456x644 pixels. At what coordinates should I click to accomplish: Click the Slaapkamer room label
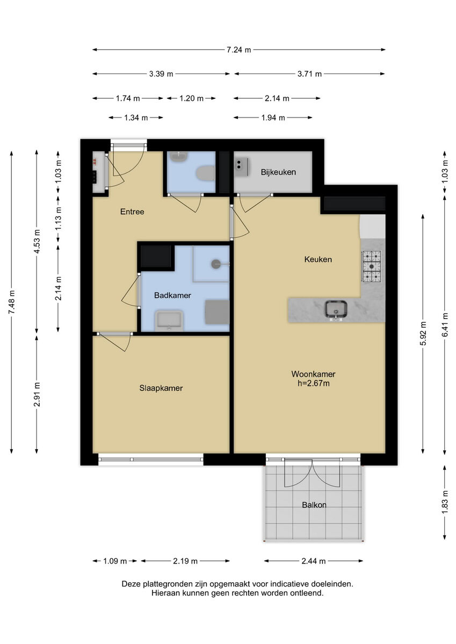(x=161, y=388)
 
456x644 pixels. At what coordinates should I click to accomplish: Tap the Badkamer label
(x=172, y=295)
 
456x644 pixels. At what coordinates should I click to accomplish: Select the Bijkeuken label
(x=278, y=172)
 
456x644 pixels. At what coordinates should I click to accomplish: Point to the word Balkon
(x=314, y=505)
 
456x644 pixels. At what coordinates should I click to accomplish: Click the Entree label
(x=132, y=211)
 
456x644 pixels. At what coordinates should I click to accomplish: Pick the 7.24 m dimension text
(x=239, y=50)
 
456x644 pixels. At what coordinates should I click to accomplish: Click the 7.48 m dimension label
(x=11, y=303)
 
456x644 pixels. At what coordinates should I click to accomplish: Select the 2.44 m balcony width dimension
(x=314, y=561)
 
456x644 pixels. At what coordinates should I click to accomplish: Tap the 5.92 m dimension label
(x=423, y=333)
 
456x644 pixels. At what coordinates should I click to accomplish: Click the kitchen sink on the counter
(x=336, y=310)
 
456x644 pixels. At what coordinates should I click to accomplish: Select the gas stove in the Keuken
(x=372, y=266)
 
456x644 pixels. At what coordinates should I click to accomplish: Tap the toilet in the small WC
(x=205, y=173)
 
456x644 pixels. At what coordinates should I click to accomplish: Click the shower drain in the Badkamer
(x=216, y=264)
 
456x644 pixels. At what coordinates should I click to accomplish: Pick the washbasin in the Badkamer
(x=169, y=320)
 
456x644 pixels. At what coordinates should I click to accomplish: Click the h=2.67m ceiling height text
(x=313, y=383)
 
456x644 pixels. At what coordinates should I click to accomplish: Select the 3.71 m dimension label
(x=309, y=74)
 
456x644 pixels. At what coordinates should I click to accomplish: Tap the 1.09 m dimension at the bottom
(x=115, y=561)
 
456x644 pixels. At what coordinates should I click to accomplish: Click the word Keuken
(x=318, y=259)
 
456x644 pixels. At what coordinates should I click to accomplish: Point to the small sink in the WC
(x=178, y=157)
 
